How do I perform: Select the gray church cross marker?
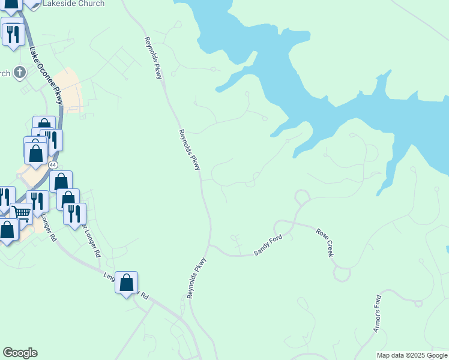tap(19, 73)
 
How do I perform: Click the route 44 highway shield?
tap(53, 164)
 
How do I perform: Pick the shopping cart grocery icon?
tap(21, 212)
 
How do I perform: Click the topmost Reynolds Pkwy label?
tap(153, 58)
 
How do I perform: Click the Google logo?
tap(20, 353)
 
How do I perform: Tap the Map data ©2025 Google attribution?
tap(411, 355)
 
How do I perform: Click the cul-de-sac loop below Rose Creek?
tap(342, 274)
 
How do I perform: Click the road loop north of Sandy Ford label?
tap(302, 196)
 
